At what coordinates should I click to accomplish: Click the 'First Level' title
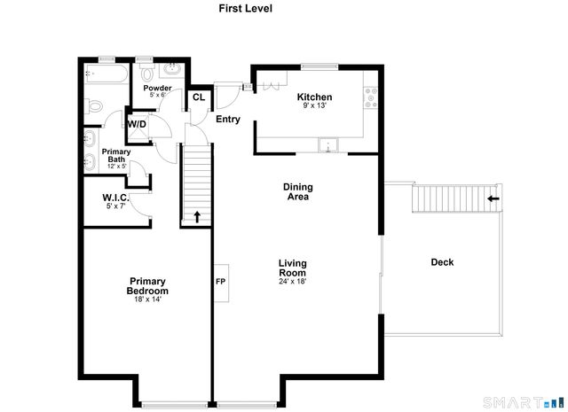246,8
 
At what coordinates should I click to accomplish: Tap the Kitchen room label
314,97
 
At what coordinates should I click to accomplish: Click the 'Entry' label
228,120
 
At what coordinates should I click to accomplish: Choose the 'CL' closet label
199,97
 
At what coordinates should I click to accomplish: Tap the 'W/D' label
137,124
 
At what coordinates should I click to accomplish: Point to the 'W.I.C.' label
115,198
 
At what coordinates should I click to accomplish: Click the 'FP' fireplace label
221,283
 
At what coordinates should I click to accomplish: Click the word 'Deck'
442,262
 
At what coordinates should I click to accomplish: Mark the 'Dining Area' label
297,191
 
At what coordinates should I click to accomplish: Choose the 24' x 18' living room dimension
292,283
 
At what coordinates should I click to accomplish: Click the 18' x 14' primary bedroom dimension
147,299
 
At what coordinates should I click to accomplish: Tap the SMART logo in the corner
539,404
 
